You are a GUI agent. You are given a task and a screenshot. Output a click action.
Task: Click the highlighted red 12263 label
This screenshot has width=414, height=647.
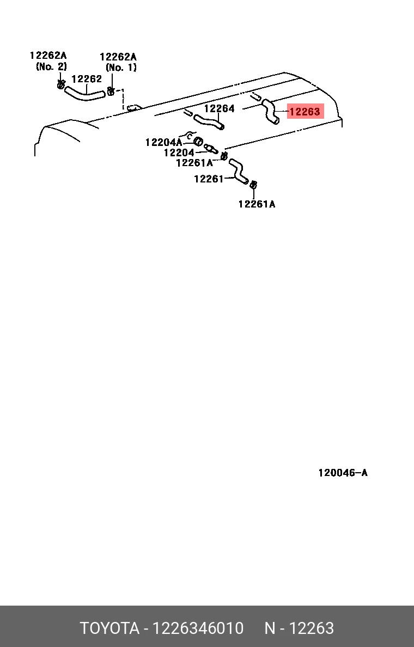click(305, 112)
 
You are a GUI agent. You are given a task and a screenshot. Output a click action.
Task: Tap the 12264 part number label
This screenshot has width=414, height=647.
click(219, 108)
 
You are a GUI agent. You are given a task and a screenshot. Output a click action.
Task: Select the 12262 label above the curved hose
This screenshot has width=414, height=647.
click(87, 79)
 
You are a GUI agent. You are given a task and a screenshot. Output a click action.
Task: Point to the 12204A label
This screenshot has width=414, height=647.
click(163, 142)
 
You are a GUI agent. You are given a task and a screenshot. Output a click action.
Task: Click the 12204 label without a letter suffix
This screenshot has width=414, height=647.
click(179, 152)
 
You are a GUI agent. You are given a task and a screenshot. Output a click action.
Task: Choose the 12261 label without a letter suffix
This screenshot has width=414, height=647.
click(209, 179)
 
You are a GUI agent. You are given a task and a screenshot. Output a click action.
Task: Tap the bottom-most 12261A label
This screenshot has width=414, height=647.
click(257, 204)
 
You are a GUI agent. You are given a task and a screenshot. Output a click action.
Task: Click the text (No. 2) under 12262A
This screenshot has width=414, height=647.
click(51, 66)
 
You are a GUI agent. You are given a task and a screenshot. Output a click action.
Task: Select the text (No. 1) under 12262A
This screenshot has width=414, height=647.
click(121, 68)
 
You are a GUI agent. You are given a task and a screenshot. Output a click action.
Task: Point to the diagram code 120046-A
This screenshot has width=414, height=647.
click(343, 473)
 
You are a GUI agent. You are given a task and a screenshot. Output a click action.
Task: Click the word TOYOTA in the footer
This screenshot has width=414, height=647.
click(109, 628)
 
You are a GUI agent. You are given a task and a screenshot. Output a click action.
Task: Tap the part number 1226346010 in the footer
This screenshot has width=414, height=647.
click(198, 628)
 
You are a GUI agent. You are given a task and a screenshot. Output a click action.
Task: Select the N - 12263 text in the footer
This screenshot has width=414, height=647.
click(299, 628)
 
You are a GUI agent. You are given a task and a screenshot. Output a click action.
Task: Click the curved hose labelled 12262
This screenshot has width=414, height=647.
click(84, 95)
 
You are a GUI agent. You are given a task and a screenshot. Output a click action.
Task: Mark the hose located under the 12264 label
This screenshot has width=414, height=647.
click(209, 122)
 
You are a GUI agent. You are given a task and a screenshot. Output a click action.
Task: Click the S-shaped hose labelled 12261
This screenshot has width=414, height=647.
click(239, 171)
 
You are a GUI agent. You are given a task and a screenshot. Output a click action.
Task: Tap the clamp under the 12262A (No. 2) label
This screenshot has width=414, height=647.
click(60, 84)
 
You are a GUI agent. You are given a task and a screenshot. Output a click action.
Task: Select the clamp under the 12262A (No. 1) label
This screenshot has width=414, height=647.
click(111, 91)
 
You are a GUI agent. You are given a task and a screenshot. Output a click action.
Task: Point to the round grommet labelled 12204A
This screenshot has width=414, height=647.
click(198, 141)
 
